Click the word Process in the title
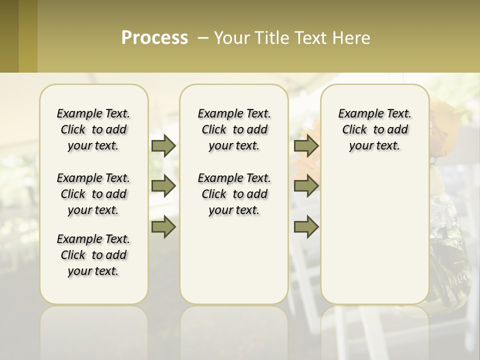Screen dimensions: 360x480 point(154,37)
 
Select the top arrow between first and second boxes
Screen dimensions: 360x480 point(163,145)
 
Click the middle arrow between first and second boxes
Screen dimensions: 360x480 point(163,186)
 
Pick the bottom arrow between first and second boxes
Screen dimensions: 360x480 point(163,227)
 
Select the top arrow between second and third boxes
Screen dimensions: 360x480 point(306,145)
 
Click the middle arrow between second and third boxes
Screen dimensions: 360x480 point(306,186)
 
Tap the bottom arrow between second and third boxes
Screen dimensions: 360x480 point(306,227)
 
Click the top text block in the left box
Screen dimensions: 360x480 point(93,129)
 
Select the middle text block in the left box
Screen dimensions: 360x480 point(93,194)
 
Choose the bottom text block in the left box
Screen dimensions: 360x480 point(93,255)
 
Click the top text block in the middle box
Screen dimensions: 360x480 point(234,129)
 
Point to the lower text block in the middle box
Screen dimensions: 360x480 point(234,194)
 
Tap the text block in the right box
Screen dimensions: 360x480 point(374,129)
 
